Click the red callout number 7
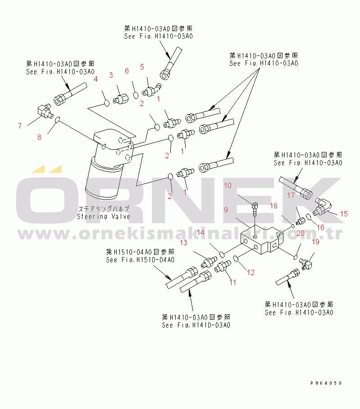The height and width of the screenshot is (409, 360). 19,126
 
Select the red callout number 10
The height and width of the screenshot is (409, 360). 228,185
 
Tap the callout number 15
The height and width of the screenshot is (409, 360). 344,214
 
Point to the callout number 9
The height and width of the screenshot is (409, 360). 226,210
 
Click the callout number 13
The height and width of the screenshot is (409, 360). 183,243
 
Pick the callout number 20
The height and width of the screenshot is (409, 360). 301,233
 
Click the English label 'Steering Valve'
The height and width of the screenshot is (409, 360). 103,216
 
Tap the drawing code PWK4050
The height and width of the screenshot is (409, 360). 326,383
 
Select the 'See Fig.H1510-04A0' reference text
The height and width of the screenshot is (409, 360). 140,260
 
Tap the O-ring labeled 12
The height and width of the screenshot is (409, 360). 237,258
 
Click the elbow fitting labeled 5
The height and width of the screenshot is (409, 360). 152,90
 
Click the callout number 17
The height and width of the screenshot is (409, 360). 291,195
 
